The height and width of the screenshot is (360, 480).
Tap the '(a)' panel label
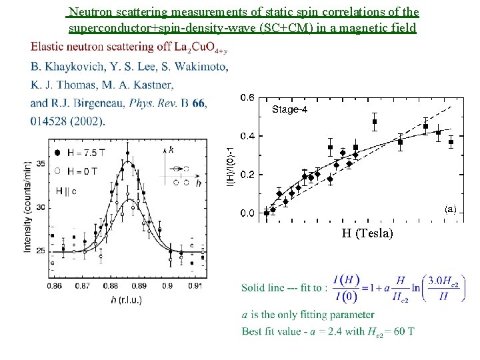(451, 208)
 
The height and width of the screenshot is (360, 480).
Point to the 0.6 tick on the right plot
(247, 97)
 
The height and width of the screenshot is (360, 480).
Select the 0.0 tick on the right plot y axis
(247, 213)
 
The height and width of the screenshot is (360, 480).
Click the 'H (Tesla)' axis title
(367, 233)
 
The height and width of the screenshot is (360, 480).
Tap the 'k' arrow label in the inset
(172, 149)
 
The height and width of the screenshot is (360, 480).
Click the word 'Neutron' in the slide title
(91, 12)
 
